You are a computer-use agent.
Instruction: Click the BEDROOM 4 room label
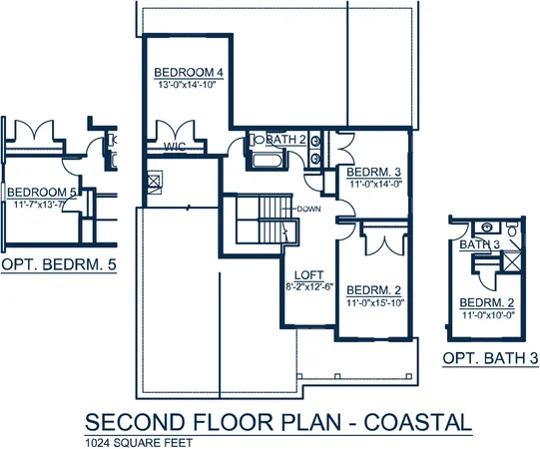coord(188,73)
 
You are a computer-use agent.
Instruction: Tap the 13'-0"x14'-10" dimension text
coord(188,85)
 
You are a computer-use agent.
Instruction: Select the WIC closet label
coord(177,146)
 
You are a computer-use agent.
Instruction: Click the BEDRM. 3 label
coord(373,172)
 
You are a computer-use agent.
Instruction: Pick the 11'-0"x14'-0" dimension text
coord(373,184)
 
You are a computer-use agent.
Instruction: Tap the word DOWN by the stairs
coord(307,208)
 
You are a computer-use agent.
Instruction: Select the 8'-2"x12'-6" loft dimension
coord(306,288)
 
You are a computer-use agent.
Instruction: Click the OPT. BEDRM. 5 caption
coord(59,265)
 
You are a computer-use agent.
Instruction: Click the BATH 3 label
coord(480,244)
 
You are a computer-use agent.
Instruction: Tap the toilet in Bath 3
coord(512,233)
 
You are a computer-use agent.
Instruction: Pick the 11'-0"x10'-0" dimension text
coord(488,315)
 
